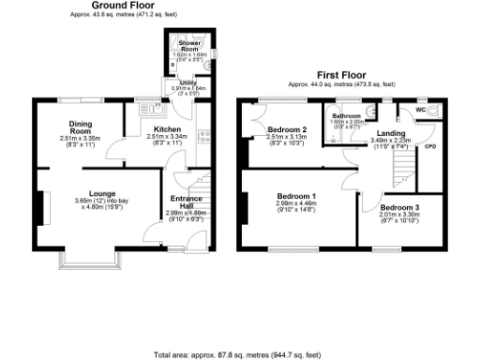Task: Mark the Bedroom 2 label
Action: [x=287, y=129]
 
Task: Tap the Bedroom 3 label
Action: [x=399, y=207]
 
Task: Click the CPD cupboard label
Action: [x=430, y=146]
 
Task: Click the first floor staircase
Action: [x=401, y=169]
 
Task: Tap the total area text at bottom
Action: [x=236, y=354]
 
